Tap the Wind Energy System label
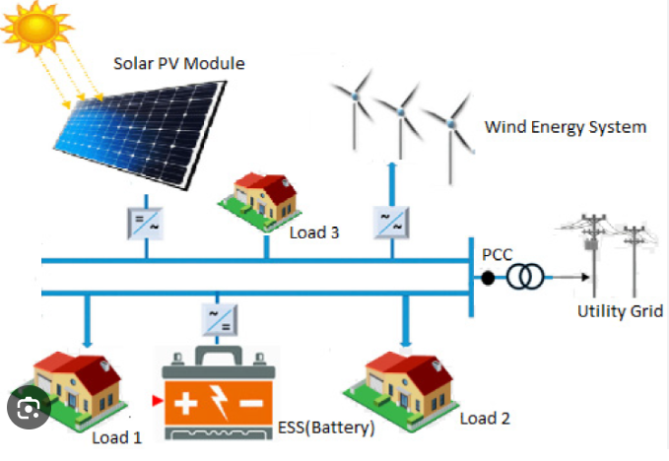click(565, 127)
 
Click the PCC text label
click(498, 255)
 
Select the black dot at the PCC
click(488, 279)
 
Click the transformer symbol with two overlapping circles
click(525, 279)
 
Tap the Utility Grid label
click(619, 312)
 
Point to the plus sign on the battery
click(188, 402)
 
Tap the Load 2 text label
click(485, 419)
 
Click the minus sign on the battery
click(252, 403)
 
